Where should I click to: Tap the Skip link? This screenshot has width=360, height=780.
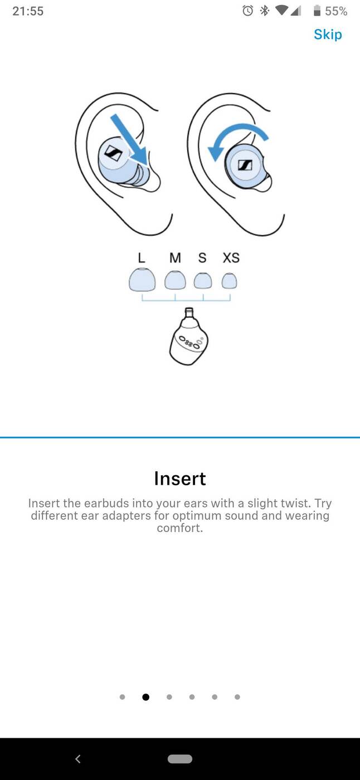click(328, 35)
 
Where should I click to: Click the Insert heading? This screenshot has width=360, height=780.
click(180, 479)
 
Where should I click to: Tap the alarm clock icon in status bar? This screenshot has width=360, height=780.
click(247, 11)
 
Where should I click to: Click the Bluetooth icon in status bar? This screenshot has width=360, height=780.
click(265, 11)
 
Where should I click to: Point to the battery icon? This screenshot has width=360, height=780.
click(317, 11)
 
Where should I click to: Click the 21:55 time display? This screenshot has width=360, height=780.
click(28, 11)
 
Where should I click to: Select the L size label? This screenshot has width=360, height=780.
click(142, 257)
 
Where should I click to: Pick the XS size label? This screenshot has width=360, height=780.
click(231, 257)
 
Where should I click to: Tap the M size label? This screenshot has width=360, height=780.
click(175, 257)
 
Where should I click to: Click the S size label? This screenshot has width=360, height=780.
click(202, 257)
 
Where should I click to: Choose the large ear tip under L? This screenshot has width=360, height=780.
click(142, 280)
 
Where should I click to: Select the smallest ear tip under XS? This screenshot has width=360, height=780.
click(230, 281)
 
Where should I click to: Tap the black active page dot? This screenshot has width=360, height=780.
click(146, 697)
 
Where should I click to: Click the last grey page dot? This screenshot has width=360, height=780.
click(237, 697)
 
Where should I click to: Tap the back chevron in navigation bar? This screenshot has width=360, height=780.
click(78, 759)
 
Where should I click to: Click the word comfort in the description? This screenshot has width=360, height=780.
click(179, 528)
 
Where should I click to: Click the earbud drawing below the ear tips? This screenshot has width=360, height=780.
click(189, 337)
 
